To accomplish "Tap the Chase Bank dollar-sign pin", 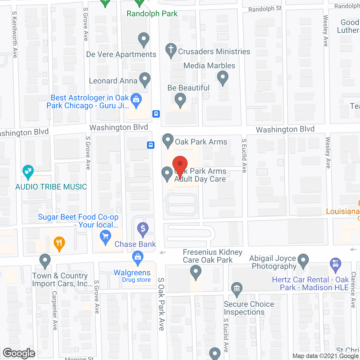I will click(x=143, y=229).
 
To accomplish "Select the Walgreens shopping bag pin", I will click(x=138, y=258).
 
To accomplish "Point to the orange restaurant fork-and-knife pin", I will click(x=59, y=243).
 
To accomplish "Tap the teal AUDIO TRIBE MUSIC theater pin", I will click(x=28, y=172).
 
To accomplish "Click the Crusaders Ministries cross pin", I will click(x=171, y=50).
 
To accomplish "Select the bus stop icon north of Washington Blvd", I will click(x=156, y=114).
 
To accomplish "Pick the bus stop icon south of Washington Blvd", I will click(x=151, y=145).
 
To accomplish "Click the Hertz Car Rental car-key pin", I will click(x=335, y=264).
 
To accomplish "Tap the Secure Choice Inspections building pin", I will click(x=237, y=289).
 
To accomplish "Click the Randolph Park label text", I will click(x=152, y=13).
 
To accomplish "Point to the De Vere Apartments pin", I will click(x=144, y=39).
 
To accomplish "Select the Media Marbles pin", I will click(x=222, y=78).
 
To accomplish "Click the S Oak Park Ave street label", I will click(x=161, y=304).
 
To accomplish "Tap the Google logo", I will click(x=19, y=353).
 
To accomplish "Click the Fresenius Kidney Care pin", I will click(x=195, y=272).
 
